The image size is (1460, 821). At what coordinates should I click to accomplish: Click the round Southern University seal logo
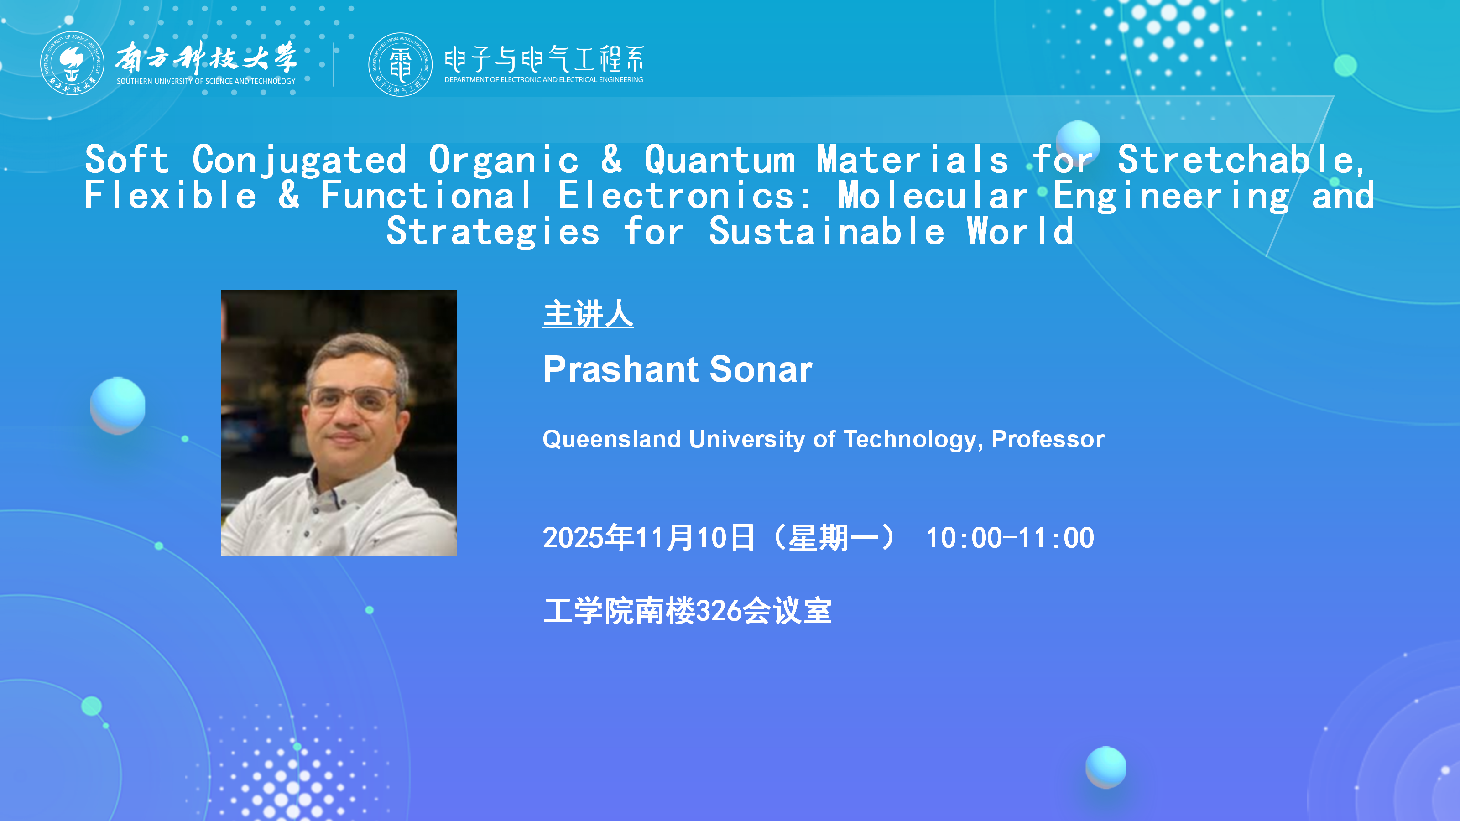click(x=72, y=63)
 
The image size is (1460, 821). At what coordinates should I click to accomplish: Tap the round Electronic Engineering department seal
click(x=400, y=64)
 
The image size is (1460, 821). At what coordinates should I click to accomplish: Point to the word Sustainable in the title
click(x=827, y=231)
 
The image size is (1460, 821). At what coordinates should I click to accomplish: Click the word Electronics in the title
click(x=685, y=196)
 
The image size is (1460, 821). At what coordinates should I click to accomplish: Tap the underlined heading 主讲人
click(x=588, y=314)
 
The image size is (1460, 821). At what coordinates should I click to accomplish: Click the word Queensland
click(x=611, y=439)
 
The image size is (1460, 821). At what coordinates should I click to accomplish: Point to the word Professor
click(x=1048, y=439)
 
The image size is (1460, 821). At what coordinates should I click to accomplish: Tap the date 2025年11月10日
click(x=649, y=538)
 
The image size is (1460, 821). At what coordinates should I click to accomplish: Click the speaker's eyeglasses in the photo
click(x=353, y=400)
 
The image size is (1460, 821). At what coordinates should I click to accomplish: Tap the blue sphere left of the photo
click(x=118, y=405)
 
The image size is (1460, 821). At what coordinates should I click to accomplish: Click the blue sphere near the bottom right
click(x=1106, y=767)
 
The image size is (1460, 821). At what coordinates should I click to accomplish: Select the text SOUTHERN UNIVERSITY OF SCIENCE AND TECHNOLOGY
click(x=206, y=82)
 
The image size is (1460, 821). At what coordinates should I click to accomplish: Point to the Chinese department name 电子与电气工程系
click(x=544, y=59)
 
